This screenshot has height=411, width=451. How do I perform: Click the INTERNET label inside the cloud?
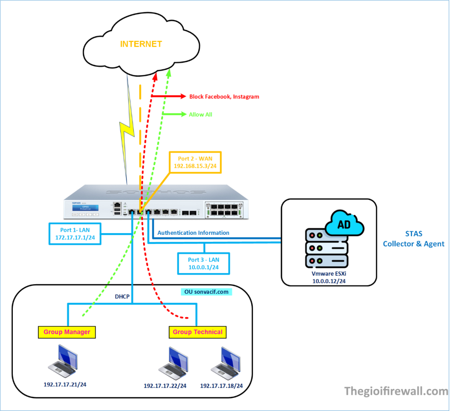point(141,44)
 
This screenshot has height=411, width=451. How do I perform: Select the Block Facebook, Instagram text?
point(224,96)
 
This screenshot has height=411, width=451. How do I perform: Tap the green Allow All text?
point(200,115)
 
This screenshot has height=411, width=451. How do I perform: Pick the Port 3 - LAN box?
point(202,263)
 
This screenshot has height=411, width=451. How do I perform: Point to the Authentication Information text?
point(193,233)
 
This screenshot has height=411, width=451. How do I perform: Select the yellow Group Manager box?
point(67,332)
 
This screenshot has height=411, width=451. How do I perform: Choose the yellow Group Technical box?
point(197,332)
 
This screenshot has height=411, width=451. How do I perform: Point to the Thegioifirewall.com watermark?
point(396,391)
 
